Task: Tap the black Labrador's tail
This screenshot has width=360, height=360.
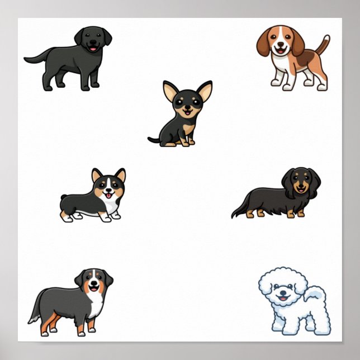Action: pyautogui.click(x=35, y=57)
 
